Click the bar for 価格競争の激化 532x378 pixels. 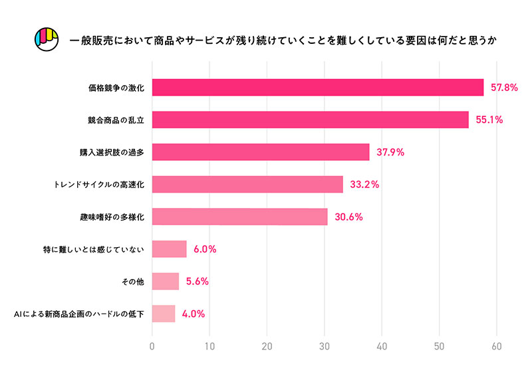(318, 88)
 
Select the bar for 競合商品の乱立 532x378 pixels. (311, 120)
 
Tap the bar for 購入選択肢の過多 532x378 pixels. (261, 152)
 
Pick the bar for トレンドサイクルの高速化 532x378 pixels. (247, 184)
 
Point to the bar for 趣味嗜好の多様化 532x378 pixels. (240, 217)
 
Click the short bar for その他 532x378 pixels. (166, 281)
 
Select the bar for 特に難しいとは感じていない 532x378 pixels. (170, 249)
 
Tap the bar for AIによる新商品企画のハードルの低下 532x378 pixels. (164, 314)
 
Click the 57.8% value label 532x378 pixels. (503, 88)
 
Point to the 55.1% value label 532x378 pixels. (489, 120)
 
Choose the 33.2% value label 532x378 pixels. (364, 184)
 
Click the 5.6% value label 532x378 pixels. (198, 281)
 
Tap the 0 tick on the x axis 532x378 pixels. (152, 346)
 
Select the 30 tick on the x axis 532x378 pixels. (325, 346)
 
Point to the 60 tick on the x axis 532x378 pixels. (496, 346)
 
